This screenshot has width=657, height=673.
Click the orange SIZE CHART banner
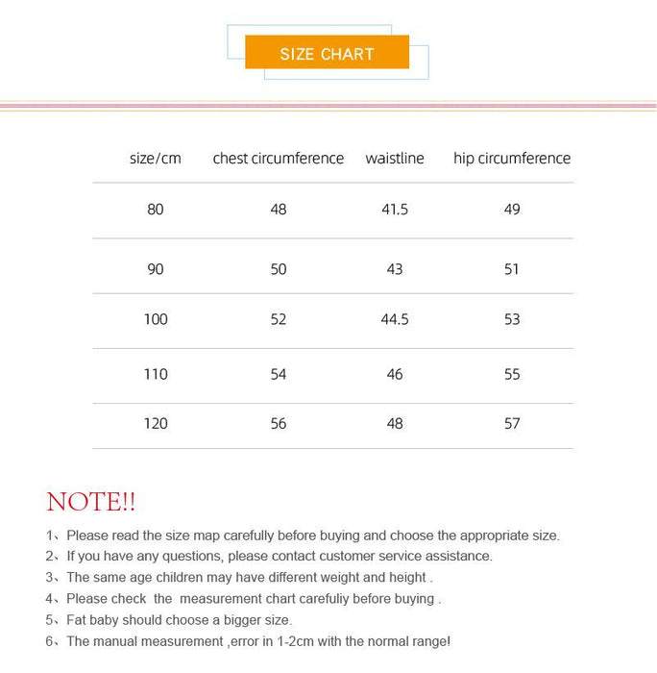327,53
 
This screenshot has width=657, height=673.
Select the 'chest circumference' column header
278,159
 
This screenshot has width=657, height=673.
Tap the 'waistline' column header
394,159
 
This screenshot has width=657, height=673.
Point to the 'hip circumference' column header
511,159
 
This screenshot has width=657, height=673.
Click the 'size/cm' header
155,159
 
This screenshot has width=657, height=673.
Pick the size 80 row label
156,210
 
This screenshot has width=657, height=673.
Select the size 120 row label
156,424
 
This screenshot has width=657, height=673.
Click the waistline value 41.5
394,210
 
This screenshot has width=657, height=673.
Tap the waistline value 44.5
394,319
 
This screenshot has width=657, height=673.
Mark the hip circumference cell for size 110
512,374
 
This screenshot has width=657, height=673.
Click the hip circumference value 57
512,424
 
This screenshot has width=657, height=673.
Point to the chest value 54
279,374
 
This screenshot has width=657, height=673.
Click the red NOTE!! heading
90,502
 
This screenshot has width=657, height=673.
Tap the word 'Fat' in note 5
79,620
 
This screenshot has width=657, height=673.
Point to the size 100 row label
156,319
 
